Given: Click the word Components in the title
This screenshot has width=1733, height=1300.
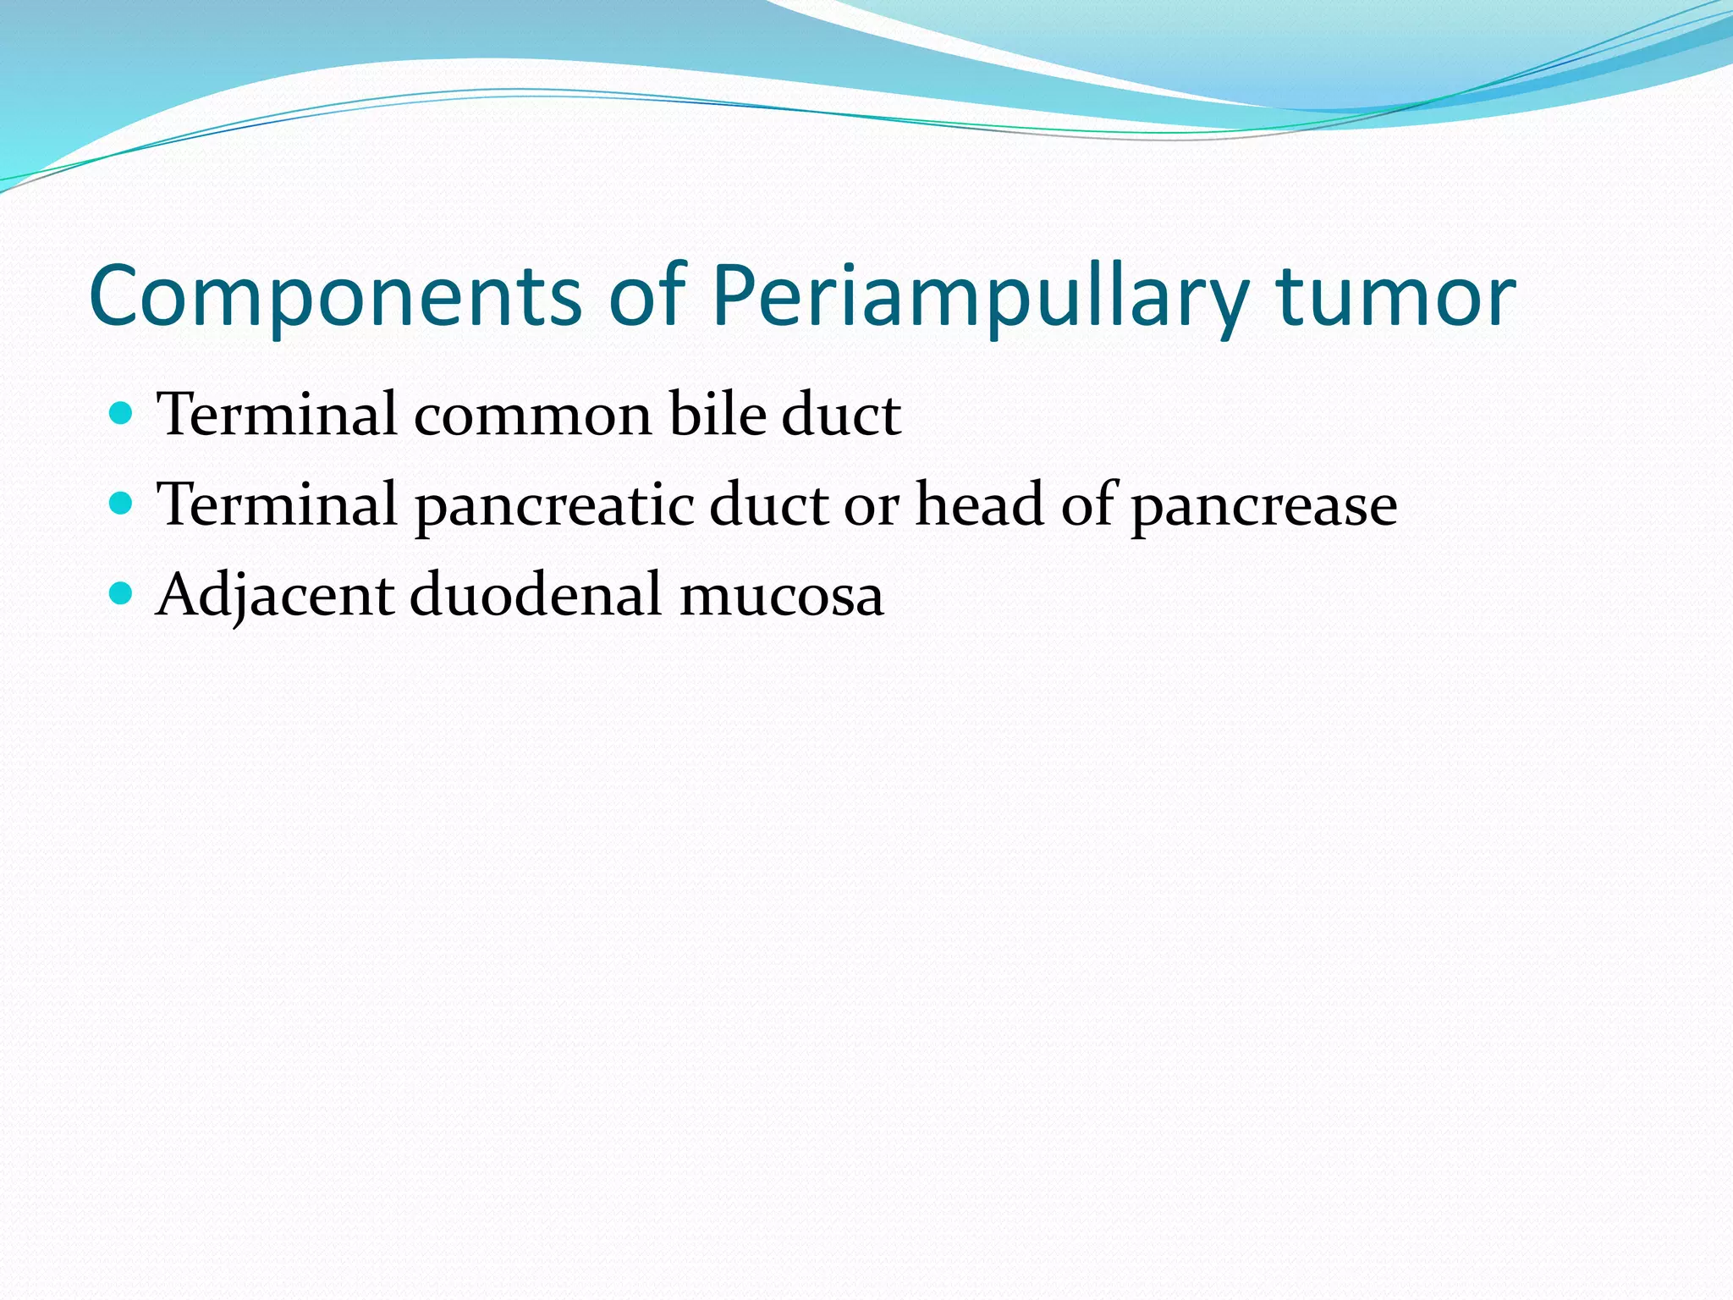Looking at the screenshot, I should click(x=335, y=296).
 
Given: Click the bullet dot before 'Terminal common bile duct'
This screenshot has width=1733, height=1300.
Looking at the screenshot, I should click(x=122, y=414).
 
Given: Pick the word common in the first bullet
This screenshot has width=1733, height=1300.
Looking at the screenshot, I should click(x=533, y=415).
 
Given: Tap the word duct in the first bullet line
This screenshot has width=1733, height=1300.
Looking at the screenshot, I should click(x=841, y=415).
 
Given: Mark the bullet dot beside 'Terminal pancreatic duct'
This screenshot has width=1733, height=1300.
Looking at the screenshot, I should click(x=122, y=504).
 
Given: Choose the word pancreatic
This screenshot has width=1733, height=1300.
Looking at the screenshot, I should click(x=554, y=505).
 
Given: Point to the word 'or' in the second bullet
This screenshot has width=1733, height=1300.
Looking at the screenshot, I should click(x=872, y=505).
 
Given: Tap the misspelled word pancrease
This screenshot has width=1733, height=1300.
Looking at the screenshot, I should click(x=1264, y=505).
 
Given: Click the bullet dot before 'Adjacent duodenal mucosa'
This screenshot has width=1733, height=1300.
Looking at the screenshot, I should click(x=122, y=593).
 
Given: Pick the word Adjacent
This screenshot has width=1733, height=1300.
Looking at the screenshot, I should click(x=276, y=595).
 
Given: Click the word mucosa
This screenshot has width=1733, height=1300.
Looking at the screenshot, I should click(x=782, y=595).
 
